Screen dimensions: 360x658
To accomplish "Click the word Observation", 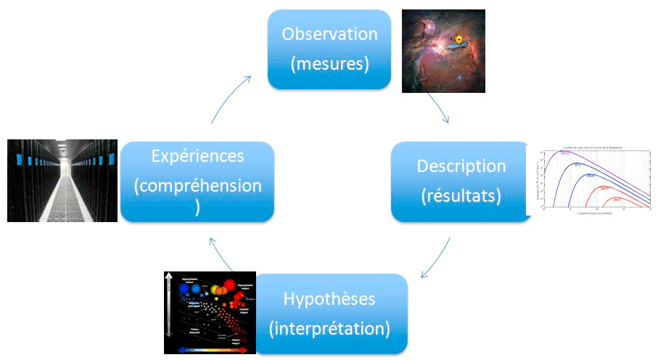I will click(x=330, y=34).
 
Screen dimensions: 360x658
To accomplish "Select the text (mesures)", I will click(x=330, y=64).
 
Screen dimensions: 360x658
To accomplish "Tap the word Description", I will click(x=461, y=165).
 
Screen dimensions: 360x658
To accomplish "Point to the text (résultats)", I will click(x=461, y=196).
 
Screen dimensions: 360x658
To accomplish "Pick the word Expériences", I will click(x=197, y=156).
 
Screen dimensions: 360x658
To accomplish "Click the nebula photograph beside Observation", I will click(x=443, y=51).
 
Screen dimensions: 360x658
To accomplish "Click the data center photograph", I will click(x=62, y=180).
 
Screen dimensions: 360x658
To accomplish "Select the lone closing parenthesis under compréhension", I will click(x=197, y=207).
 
